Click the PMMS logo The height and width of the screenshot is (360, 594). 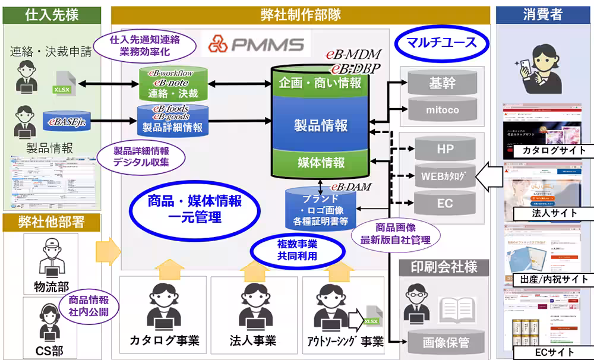tap(256, 43)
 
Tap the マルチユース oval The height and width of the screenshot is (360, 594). tap(441, 43)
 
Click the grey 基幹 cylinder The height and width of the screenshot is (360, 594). tap(441, 84)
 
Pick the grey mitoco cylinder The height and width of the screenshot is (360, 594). tap(441, 109)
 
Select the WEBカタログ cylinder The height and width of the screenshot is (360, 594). tap(445, 176)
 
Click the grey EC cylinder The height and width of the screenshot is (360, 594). tap(445, 203)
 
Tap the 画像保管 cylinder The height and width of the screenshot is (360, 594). tap(445, 342)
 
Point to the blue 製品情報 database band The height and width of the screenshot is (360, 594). tap(321, 125)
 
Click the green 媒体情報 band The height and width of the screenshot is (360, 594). tap(321, 162)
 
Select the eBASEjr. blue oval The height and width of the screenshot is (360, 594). tap(67, 122)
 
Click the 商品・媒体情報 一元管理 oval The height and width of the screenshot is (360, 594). tap(194, 209)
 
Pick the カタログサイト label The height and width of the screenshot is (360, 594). tap(549, 150)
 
